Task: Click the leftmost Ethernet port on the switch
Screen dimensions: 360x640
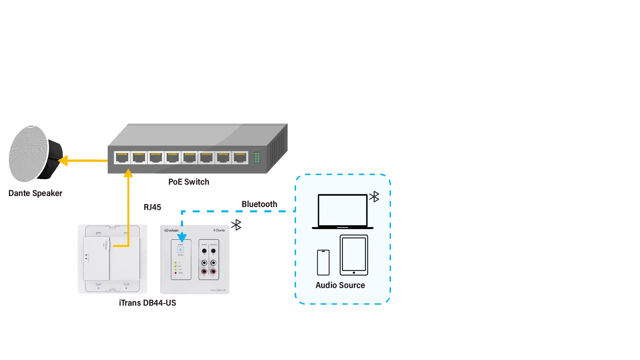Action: pyautogui.click(x=122, y=158)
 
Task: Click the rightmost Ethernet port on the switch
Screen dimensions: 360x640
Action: pyautogui.click(x=240, y=158)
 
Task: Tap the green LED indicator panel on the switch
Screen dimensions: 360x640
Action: pyautogui.click(x=257, y=158)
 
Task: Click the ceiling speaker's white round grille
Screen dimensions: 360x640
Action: pyautogui.click(x=28, y=154)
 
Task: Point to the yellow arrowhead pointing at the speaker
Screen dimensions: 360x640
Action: pyautogui.click(x=63, y=161)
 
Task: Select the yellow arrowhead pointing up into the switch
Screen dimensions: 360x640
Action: pyautogui.click(x=128, y=173)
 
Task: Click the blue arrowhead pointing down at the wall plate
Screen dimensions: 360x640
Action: pyautogui.click(x=182, y=237)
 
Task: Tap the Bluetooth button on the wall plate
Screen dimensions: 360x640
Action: pyautogui.click(x=180, y=250)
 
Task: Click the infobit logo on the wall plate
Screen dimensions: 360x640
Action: pyautogui.click(x=171, y=230)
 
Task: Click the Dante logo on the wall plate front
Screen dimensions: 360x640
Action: pyautogui.click(x=219, y=230)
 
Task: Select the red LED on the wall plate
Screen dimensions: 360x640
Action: pyautogui.click(x=175, y=273)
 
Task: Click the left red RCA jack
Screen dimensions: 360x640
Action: pyautogui.click(x=204, y=272)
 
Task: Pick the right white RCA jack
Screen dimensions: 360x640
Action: pyautogui.click(x=213, y=263)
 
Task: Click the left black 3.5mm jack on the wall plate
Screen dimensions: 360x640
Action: pyautogui.click(x=204, y=251)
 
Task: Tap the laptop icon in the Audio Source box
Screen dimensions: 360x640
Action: pyautogui.click(x=343, y=211)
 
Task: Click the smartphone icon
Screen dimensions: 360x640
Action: pyautogui.click(x=323, y=263)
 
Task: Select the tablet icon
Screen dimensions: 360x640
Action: pyautogui.click(x=354, y=255)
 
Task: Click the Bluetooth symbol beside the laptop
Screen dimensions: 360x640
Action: pyautogui.click(x=375, y=197)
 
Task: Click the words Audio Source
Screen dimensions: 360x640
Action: pyautogui.click(x=340, y=285)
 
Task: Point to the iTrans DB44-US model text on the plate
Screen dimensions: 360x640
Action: pyautogui.click(x=218, y=290)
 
